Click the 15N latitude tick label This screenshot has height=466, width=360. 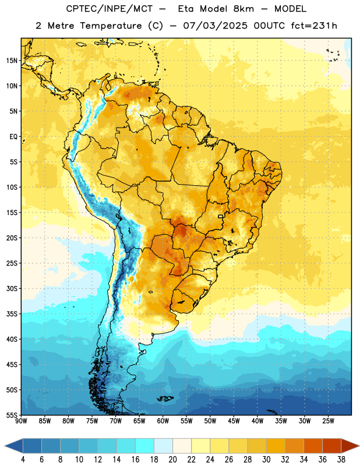pyautogui.click(x=12, y=61)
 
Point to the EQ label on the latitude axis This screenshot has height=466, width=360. pyautogui.click(x=13, y=137)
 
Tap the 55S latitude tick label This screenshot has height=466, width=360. pyautogui.click(x=12, y=415)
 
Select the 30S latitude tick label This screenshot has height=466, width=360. pyautogui.click(x=12, y=288)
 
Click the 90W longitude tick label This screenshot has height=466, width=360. pyautogui.click(x=21, y=421)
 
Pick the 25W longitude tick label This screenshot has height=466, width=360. pyautogui.click(x=328, y=421)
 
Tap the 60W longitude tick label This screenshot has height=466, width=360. pyautogui.click(x=163, y=421)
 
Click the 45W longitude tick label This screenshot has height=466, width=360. pyautogui.click(x=234, y=421)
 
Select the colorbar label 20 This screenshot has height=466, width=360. pyautogui.click(x=172, y=460)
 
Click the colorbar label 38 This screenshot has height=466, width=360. pyautogui.click(x=341, y=460)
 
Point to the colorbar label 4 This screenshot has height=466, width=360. pyautogui.click(x=23, y=460)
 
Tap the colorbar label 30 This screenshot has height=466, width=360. pyautogui.click(x=266, y=460)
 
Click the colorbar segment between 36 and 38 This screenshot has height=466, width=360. pyautogui.click(x=332, y=446)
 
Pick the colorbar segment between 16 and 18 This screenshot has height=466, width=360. pyautogui.click(x=144, y=446)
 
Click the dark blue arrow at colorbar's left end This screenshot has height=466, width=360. pyautogui.click(x=13, y=446)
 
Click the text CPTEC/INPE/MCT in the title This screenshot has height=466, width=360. pyautogui.click(x=110, y=9)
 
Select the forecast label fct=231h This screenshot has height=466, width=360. pyautogui.click(x=314, y=26)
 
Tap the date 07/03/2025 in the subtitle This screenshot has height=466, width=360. pyautogui.click(x=215, y=26)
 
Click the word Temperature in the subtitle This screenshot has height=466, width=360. pyautogui.click(x=111, y=26)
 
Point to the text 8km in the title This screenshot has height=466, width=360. pyautogui.click(x=243, y=9)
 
